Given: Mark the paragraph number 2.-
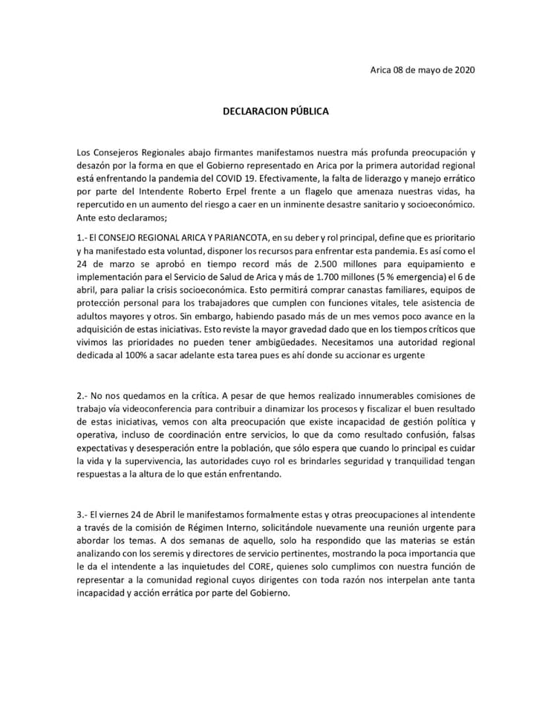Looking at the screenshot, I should point(82,395).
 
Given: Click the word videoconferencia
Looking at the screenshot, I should point(168,408).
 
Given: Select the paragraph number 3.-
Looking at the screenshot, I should point(82,515).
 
